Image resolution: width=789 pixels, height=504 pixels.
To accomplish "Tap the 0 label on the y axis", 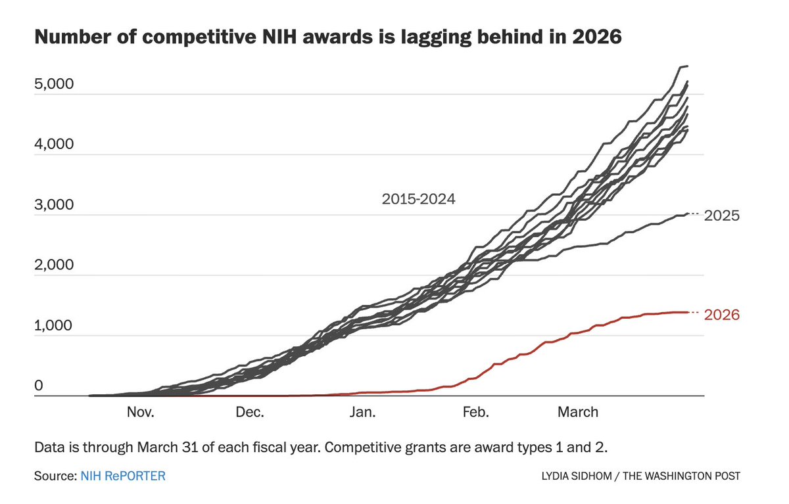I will tap(38, 386).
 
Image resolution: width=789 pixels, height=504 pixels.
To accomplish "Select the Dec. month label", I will tap(250, 413).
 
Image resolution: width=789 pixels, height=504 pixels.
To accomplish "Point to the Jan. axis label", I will tap(362, 413).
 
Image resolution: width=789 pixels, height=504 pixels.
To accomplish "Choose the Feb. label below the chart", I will tap(475, 413).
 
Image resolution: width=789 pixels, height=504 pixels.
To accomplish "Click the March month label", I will tap(578, 413).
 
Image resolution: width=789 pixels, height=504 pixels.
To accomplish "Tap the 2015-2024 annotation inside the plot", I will tap(418, 199).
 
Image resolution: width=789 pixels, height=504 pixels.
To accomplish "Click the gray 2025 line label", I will tap(722, 216).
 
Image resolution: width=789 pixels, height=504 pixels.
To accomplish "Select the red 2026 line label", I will tap(722, 315).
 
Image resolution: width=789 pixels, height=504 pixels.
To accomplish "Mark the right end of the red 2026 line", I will tap(688, 312).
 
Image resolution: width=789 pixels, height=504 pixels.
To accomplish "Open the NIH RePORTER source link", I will tap(123, 475).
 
